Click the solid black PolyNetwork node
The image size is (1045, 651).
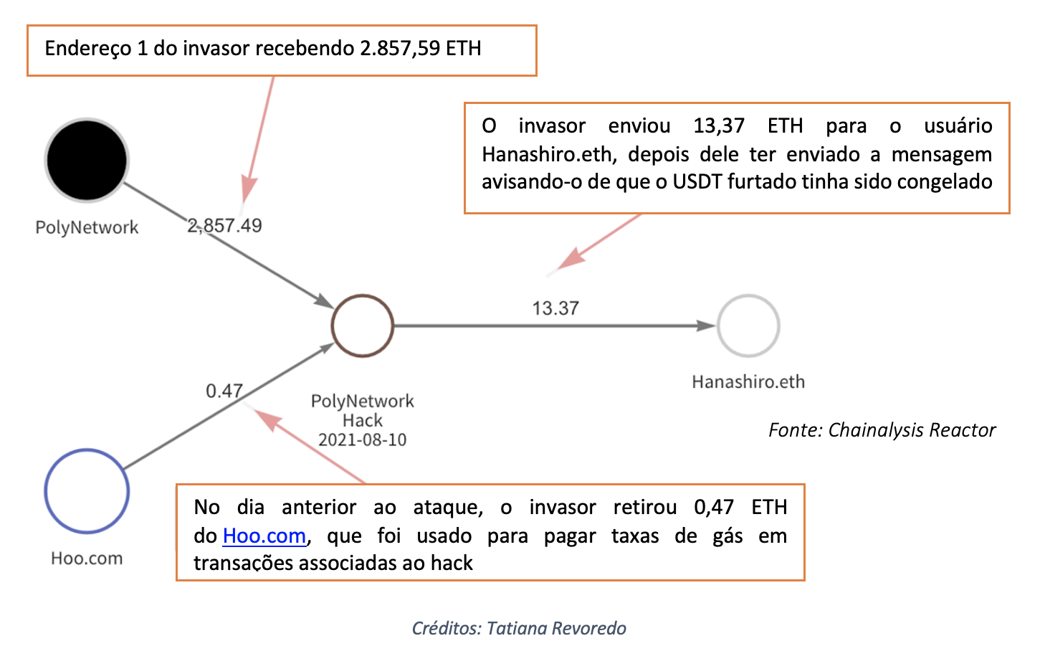87,160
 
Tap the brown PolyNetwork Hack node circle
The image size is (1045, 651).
363,325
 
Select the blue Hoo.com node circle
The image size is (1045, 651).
87,491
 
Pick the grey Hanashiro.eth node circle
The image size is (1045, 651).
748,325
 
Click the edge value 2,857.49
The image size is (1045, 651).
224,226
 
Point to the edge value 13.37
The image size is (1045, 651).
555,308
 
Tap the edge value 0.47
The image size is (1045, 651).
224,391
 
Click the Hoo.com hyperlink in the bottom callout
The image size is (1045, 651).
264,536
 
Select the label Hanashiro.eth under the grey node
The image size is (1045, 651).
748,381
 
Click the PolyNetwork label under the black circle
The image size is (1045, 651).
87,227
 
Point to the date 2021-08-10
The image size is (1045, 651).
362,439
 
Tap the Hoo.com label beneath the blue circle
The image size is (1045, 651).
87,558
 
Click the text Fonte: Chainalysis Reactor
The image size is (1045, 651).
882,430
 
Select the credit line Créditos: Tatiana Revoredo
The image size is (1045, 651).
519,628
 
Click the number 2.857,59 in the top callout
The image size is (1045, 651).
399,49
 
